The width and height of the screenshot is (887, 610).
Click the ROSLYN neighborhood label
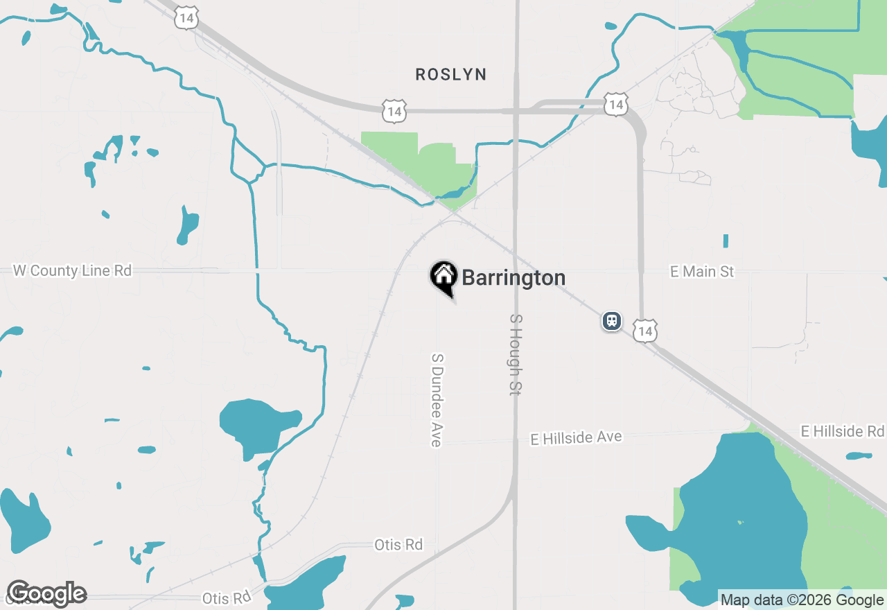pos(451,74)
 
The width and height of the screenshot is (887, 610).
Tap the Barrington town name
pos(513,278)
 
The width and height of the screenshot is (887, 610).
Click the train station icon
pos(611,321)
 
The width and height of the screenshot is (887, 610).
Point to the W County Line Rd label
pos(72,271)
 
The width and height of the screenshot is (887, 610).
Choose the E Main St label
pos(702,272)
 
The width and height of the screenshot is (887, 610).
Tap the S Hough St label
pos(515,354)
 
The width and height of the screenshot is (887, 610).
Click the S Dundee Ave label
pos(437,400)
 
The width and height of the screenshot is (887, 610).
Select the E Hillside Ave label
pos(576,438)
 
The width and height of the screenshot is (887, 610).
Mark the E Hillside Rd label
pos(842,431)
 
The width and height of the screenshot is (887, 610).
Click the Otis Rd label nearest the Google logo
pos(226,598)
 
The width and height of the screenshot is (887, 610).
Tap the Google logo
pos(46,594)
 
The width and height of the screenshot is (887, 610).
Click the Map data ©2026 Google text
pos(802,600)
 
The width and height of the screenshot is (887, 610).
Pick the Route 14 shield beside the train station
pos(645,331)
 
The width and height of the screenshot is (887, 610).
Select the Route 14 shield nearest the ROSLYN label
pos(394,110)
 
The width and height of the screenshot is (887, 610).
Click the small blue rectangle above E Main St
pos(726,241)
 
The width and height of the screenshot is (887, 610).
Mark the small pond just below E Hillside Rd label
pos(859,456)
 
